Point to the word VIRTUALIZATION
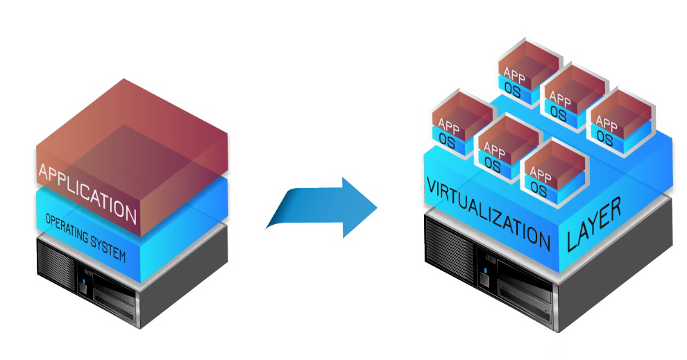(x=487, y=212)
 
